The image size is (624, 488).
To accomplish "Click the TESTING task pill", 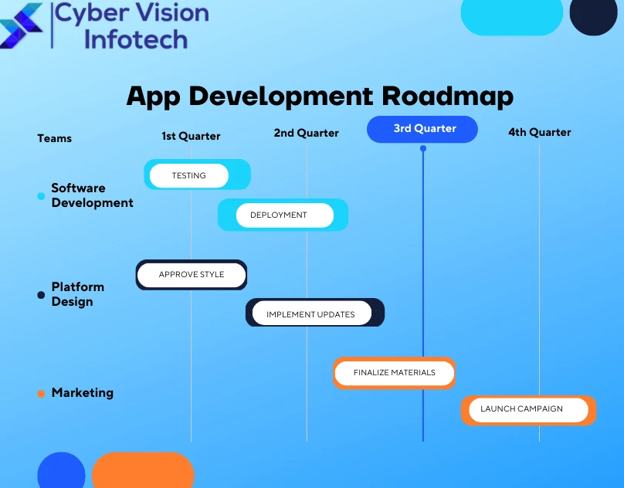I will pos(189,175).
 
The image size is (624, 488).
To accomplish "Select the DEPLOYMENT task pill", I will pos(279,215).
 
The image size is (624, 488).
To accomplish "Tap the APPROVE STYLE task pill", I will pos(192,275).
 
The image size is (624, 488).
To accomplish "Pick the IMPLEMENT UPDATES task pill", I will pos(310,313).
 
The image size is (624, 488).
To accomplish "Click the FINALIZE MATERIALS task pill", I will pos(394,373).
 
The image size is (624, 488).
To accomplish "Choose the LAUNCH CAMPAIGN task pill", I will pos(522,409).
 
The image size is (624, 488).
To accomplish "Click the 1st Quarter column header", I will pos(191,136).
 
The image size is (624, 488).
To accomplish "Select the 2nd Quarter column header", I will pos(306,133).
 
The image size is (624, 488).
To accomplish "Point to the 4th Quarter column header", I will pos(539,132).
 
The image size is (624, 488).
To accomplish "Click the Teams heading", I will pos(54,138).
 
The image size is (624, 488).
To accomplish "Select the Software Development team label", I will pos(92,195).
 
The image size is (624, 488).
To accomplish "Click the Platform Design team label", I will pos(77,294).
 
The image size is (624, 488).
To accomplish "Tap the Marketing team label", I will pos(82,392).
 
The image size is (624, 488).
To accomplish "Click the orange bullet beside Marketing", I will pos(41,394).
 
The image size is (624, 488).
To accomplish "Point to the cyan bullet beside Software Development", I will pos(41,196).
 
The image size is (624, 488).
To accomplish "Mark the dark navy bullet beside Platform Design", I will pos(41,295).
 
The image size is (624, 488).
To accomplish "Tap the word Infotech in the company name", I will pos(135,39).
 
